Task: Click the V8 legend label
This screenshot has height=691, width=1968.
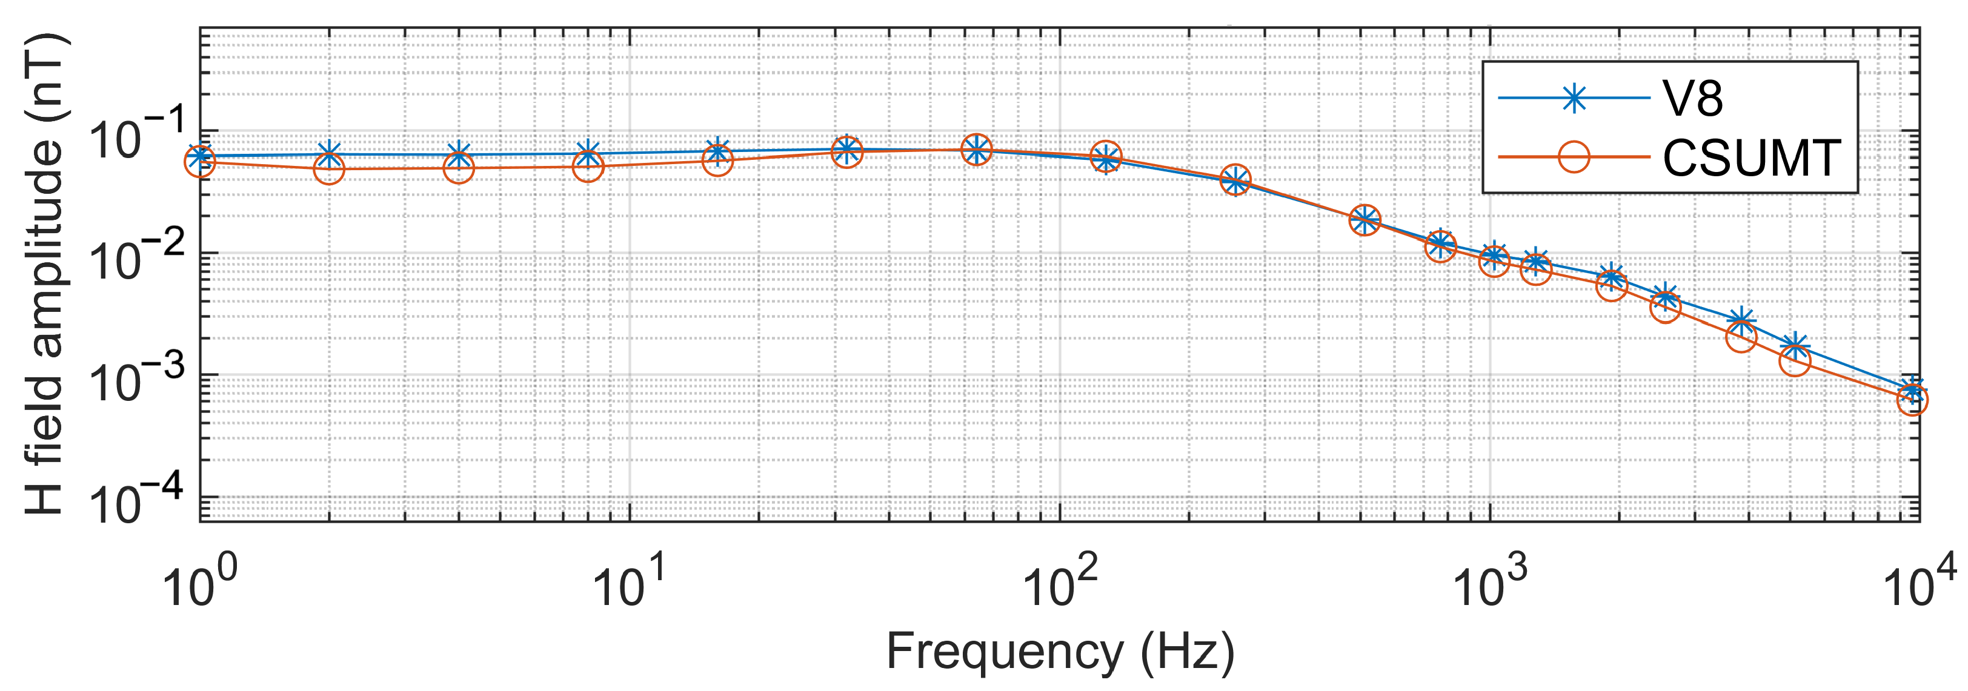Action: click(1692, 99)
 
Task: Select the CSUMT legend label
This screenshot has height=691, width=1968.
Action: click(1751, 159)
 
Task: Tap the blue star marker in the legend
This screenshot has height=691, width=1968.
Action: click(1574, 99)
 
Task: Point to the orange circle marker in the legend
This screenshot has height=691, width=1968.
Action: click(1574, 158)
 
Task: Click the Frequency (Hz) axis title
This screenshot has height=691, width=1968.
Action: click(1060, 652)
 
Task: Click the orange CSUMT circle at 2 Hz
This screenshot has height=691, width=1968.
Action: click(328, 169)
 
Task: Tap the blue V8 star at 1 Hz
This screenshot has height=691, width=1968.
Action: click(200, 156)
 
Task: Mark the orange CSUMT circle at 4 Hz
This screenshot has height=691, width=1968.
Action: click(459, 168)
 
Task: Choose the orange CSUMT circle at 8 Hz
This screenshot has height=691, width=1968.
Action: click(588, 167)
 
